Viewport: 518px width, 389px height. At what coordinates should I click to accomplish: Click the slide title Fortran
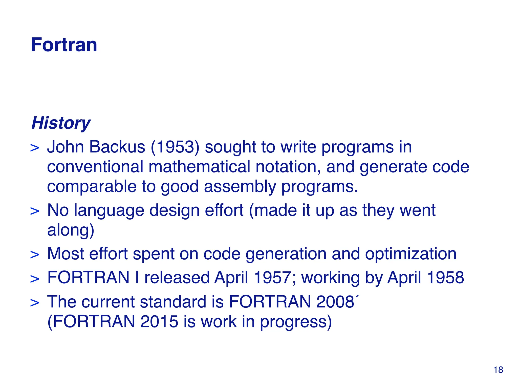(x=64, y=45)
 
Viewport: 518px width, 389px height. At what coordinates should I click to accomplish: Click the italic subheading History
(x=61, y=123)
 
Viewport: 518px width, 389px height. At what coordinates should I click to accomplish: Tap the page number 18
(x=498, y=370)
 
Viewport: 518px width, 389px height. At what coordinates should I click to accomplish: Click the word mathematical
(x=199, y=167)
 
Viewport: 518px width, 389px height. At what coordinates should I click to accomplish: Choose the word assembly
(x=240, y=186)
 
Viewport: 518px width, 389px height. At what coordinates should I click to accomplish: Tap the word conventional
(x=95, y=167)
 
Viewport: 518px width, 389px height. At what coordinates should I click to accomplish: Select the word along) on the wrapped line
(x=71, y=230)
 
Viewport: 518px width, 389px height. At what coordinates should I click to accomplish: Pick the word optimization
(x=411, y=254)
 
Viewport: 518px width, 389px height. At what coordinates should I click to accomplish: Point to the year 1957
(x=272, y=278)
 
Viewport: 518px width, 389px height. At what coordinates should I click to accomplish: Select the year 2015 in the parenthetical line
(x=159, y=322)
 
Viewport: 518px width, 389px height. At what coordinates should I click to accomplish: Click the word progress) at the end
(x=296, y=322)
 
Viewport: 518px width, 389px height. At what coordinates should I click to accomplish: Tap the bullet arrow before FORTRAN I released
(x=35, y=279)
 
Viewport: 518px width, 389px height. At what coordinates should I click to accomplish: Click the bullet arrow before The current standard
(x=35, y=303)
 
